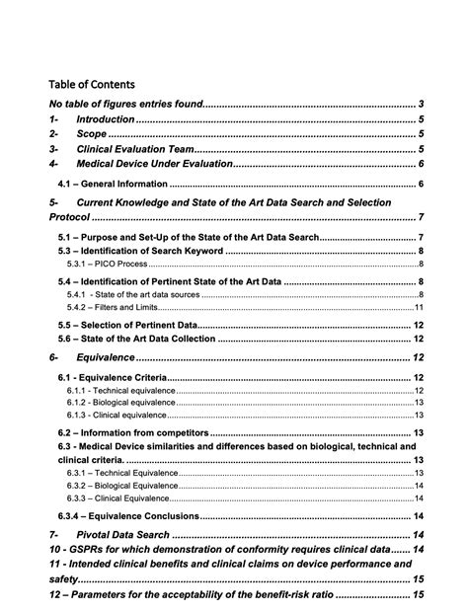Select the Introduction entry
105,118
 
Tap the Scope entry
91,133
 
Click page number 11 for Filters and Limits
419,307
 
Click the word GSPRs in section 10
86,549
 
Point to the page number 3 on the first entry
421,104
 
